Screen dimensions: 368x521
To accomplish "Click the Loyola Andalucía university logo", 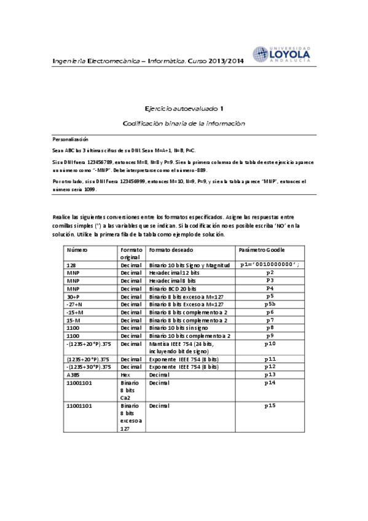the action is pos(281,54).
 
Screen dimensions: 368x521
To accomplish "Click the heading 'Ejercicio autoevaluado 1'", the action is pos(184,108).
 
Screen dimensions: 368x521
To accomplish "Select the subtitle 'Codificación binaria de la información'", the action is pos(184,123).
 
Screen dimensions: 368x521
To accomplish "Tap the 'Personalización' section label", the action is pos(71,139).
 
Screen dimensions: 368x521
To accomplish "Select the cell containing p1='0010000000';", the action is pos(270,264).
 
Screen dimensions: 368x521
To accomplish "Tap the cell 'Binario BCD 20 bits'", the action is pos(173,288).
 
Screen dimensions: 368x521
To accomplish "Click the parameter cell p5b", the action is pos(270,304).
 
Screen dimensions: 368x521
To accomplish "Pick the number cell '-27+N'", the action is pos(75,304).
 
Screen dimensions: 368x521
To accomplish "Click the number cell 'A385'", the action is pos(73,374).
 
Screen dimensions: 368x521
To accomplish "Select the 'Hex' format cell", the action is pos(125,374).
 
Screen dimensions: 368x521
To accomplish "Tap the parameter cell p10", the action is pos(270,343).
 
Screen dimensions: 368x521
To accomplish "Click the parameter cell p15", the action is pos(270,405).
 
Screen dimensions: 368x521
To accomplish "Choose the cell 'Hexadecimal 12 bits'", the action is pos(173,272).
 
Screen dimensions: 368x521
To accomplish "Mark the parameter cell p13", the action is pos(270,374).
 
